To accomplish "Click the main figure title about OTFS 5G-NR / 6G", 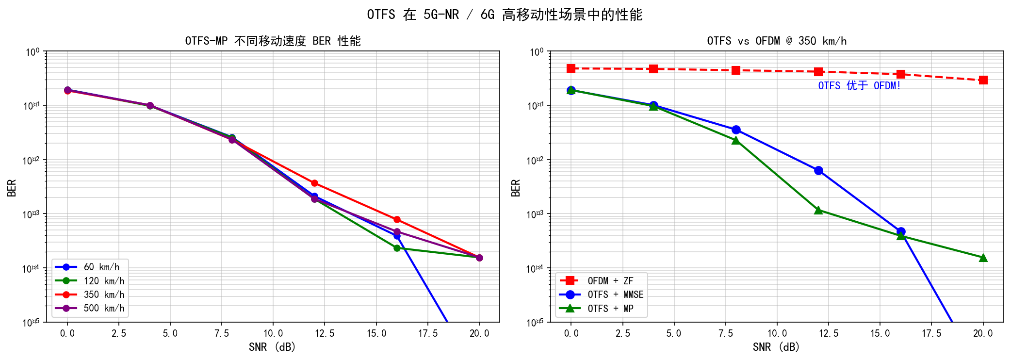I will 505,15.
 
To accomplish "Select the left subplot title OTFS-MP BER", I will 273,41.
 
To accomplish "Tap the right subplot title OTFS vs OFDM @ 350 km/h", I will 777,41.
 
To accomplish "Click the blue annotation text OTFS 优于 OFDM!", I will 859,86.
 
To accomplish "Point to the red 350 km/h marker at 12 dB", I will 314,183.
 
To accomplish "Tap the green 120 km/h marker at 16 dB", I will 397,248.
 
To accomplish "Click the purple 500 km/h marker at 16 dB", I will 397,232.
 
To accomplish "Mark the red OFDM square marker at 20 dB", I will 983,80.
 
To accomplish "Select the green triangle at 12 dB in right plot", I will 818,210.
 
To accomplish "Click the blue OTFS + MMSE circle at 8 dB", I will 736,130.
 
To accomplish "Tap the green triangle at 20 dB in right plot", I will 983,258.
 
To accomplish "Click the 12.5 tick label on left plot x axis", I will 325,333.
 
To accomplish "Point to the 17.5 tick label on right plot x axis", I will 931,333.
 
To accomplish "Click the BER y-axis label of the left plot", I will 12,188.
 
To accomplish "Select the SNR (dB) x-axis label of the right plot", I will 776,347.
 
